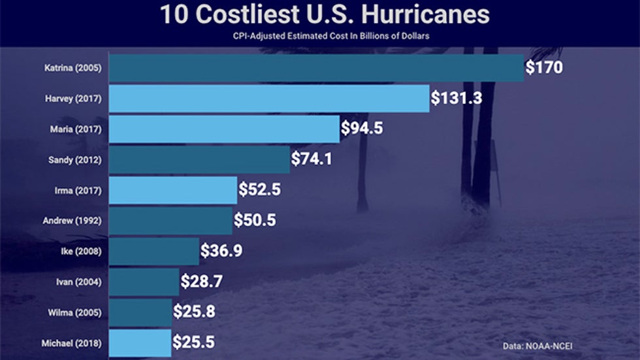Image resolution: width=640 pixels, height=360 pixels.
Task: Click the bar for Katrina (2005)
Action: (316, 68)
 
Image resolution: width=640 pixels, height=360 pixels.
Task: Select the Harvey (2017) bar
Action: (269, 98)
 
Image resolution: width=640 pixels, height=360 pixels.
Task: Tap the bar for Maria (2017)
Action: (224, 129)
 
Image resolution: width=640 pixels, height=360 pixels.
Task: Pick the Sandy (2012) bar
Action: (199, 159)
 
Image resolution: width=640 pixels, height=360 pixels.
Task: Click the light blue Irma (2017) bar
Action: (173, 189)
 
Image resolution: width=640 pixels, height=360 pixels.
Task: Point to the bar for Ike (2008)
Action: (154, 251)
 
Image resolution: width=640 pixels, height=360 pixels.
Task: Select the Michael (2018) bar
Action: (140, 342)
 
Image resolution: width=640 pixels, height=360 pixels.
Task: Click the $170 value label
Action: (544, 68)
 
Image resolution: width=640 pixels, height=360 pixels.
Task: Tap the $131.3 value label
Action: (456, 98)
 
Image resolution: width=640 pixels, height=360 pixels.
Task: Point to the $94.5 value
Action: (362, 128)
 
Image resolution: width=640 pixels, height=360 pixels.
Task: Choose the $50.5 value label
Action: (255, 220)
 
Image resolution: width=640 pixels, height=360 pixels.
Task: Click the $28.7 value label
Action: (202, 282)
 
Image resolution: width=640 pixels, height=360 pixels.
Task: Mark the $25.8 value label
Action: (193, 312)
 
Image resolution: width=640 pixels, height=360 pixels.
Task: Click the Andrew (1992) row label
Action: (72, 220)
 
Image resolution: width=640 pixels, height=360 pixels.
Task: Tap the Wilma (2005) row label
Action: (74, 312)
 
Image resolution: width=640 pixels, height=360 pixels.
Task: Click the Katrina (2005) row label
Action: (73, 68)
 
